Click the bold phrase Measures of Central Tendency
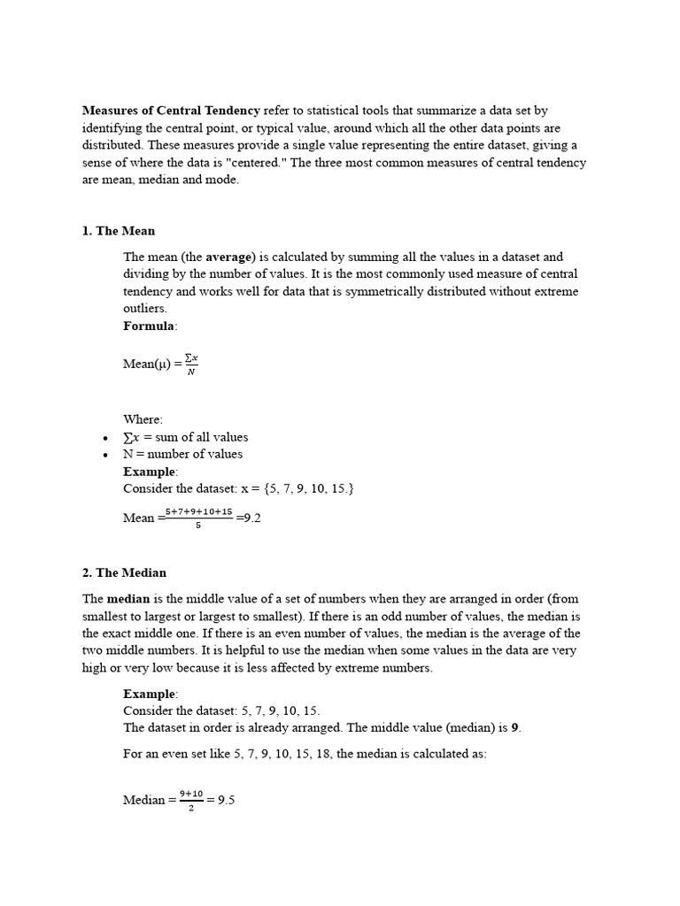pos(171,111)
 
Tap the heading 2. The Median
pos(124,572)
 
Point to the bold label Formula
pos(149,326)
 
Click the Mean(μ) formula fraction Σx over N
pos(190,364)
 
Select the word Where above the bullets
pos(143,419)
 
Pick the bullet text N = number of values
pos(182,454)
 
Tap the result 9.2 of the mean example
pos(251,518)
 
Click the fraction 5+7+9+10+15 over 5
pos(199,518)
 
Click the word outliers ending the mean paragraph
pos(143,308)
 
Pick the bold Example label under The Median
pos(149,694)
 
